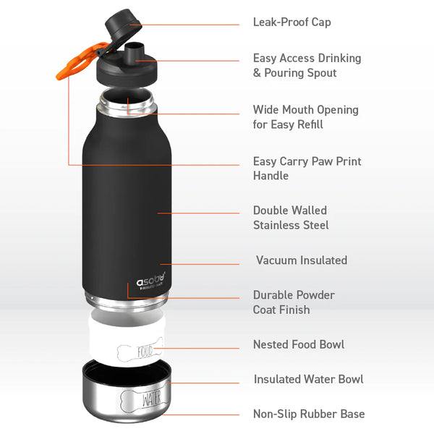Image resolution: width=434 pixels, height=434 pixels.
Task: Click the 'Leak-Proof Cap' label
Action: coord(292,22)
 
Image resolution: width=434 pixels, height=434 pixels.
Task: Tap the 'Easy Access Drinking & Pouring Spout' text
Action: coord(307,65)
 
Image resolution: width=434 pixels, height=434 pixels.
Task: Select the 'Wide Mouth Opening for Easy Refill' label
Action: coord(305,117)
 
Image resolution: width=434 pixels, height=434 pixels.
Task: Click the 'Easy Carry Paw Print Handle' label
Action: coord(307,169)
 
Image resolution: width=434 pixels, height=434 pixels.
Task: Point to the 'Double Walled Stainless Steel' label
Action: coord(291,218)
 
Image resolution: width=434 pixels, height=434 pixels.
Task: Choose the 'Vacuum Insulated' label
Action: coord(301,260)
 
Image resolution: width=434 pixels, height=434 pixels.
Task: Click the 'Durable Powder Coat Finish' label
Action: coord(294,302)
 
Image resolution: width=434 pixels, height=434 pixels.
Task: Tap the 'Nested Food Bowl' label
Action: coord(298,345)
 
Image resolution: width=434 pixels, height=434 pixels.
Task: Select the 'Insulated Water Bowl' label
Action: coord(308,380)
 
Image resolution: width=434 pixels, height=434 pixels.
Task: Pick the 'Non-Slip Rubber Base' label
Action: coord(308,414)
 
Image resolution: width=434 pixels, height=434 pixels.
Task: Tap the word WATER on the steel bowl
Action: coord(152,398)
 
